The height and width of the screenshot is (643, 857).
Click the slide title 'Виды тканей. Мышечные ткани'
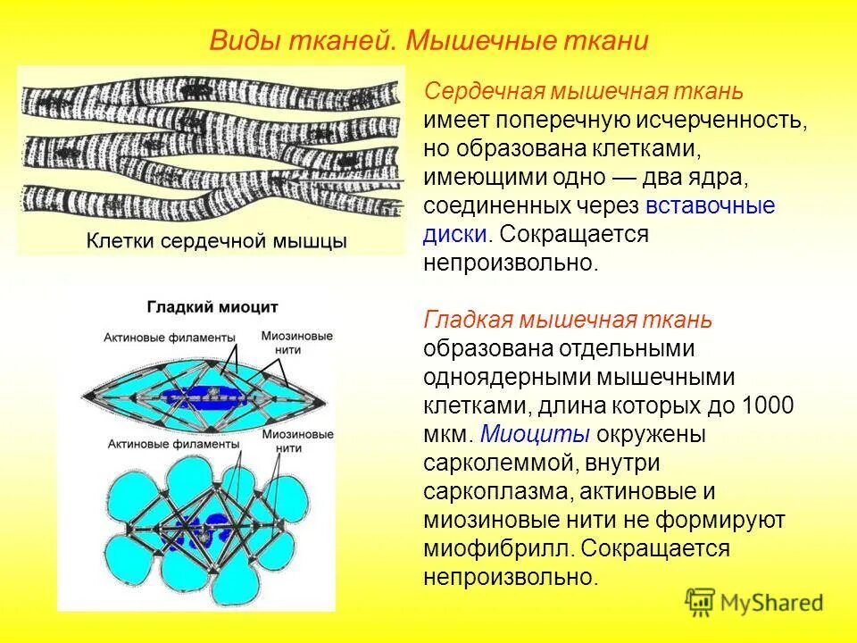pyautogui.click(x=428, y=42)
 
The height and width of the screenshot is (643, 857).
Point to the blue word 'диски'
pyautogui.click(x=455, y=235)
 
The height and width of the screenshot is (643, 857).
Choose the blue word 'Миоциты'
pyautogui.click(x=535, y=434)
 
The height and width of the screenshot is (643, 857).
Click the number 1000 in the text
pyautogui.click(x=767, y=405)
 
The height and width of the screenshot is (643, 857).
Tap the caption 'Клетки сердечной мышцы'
pyautogui.click(x=216, y=241)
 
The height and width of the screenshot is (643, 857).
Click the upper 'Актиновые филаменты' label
pyautogui.click(x=170, y=338)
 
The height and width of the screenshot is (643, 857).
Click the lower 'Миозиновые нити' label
pyautogui.click(x=298, y=439)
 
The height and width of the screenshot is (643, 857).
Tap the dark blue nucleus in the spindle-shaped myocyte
pyautogui.click(x=201, y=394)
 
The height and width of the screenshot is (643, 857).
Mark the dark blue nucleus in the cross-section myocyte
pyautogui.click(x=200, y=527)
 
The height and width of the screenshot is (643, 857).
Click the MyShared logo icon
pyautogui.click(x=702, y=603)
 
